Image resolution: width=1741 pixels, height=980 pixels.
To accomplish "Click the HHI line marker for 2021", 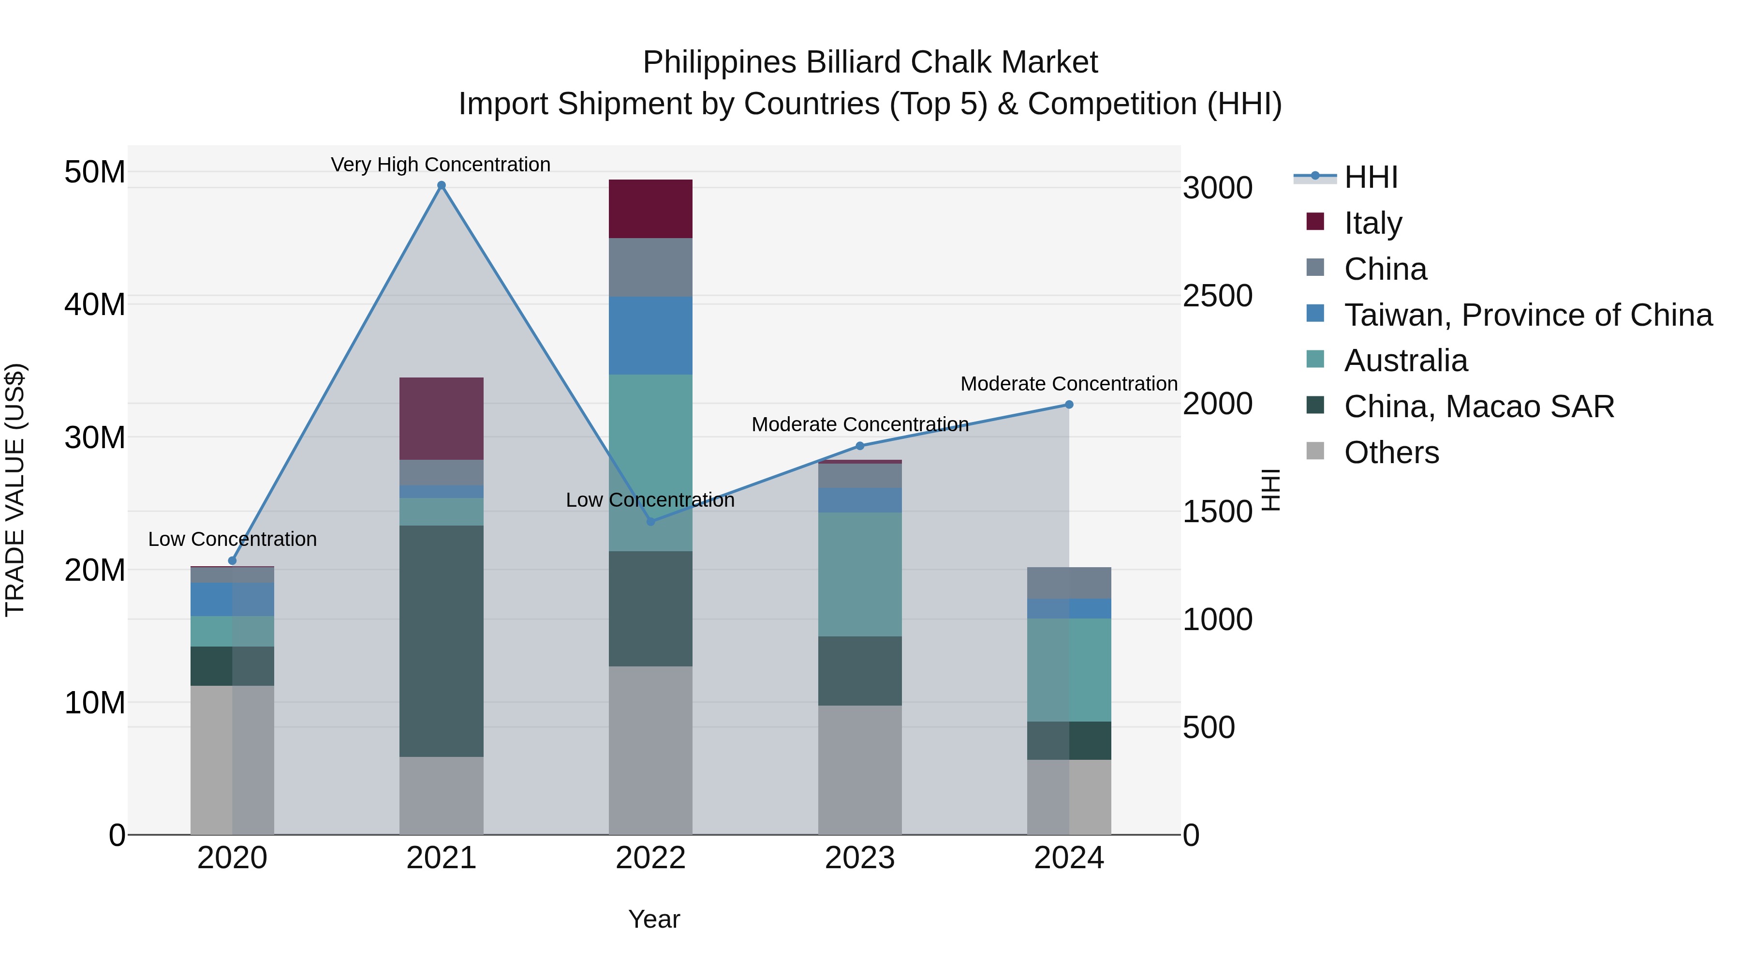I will click(x=442, y=185).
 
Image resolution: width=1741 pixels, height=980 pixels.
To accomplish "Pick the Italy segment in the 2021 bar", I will click(x=442, y=419).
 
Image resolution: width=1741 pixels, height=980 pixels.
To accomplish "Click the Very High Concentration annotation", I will click(x=441, y=165).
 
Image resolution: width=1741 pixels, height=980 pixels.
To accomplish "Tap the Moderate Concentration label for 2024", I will click(x=1068, y=383).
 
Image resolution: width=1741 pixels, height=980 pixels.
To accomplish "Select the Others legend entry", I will click(x=1391, y=452).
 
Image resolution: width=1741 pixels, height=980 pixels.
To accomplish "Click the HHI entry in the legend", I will click(x=1371, y=177).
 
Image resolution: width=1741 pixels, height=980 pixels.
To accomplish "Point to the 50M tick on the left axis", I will click(x=95, y=172).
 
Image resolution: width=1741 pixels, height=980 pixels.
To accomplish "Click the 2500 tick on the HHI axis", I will click(x=1217, y=296).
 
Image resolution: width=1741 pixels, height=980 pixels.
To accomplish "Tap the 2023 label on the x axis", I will click(x=860, y=858).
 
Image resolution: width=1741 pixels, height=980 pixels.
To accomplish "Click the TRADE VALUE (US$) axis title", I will click(x=15, y=490).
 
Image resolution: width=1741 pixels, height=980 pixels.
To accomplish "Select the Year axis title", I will click(x=653, y=919).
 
